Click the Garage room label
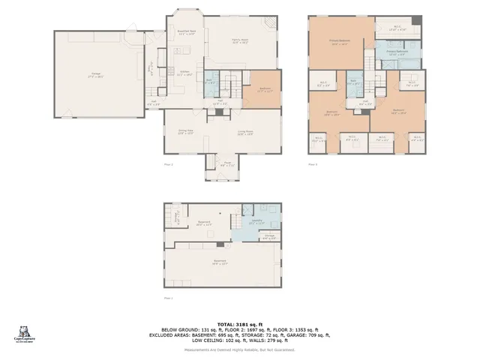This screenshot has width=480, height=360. click(x=97, y=73)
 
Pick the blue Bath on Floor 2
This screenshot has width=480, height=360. click(x=211, y=81)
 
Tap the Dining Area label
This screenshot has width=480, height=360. click(x=186, y=133)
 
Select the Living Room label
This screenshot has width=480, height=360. click(x=244, y=133)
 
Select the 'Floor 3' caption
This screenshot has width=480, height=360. click(x=312, y=164)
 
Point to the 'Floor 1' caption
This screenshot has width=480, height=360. click(x=168, y=298)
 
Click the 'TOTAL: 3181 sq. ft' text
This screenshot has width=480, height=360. click(x=240, y=323)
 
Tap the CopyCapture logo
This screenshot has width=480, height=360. click(x=25, y=333)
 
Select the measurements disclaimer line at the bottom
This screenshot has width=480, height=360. click(x=240, y=349)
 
